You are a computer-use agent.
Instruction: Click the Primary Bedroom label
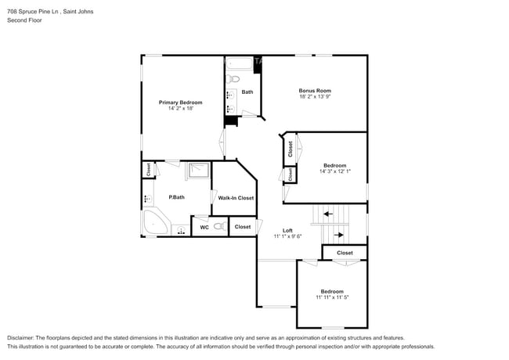181,103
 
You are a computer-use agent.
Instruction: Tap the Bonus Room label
315,90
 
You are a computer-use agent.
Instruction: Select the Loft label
287,230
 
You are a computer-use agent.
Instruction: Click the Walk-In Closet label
236,198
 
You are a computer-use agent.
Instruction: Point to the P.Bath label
176,197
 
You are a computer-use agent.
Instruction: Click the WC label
204,227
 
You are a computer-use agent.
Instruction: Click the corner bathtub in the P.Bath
154,222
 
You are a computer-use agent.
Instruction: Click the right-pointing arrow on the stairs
340,233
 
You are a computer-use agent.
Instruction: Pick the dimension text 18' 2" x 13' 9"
315,97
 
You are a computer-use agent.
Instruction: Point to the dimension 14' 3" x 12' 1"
335,172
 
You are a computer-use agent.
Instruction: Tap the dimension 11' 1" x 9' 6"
287,236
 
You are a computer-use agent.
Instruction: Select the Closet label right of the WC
243,227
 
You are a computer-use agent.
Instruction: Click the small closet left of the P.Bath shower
147,169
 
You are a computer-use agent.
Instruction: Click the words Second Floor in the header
24,20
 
